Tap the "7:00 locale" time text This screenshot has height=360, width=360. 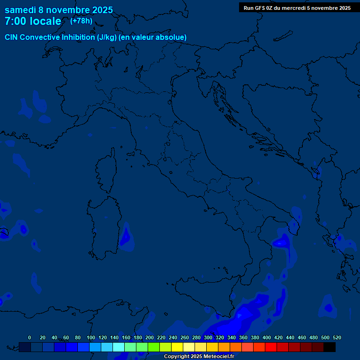point(33,22)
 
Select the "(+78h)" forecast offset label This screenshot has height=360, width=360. point(81,21)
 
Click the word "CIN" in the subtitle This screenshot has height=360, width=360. point(12,37)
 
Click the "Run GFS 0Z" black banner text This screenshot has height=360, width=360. point(262,8)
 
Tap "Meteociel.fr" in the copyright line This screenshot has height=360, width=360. point(216,357)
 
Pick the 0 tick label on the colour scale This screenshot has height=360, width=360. point(30,337)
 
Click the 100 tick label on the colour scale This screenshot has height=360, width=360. point(90,337)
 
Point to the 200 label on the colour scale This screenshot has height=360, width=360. point(149,337)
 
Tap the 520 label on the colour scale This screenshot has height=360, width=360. point(337,337)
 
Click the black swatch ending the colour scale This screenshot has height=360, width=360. point(330,347)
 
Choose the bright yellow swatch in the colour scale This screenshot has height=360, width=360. point(177,347)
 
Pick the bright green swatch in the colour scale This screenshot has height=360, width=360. point(154,347)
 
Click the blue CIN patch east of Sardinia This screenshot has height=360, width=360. point(125,237)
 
